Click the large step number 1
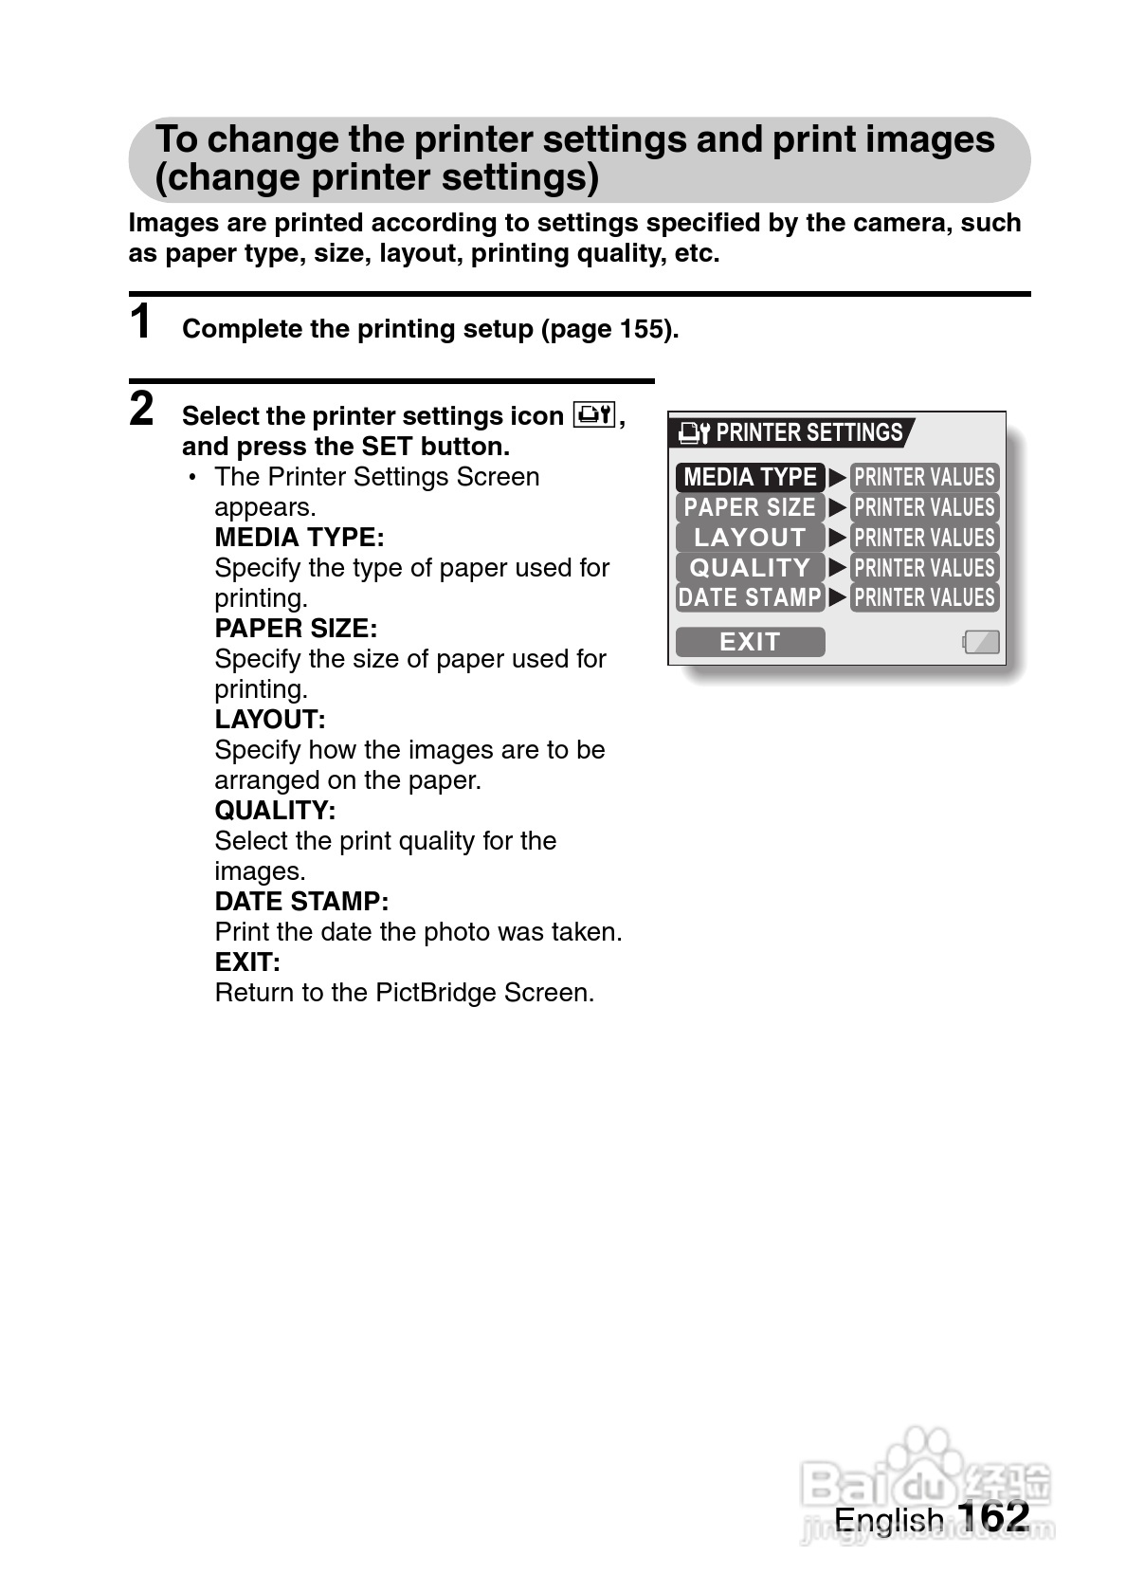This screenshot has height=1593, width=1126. (140, 321)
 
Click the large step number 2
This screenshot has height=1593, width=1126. (141, 409)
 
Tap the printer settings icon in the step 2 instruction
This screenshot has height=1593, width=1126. (594, 415)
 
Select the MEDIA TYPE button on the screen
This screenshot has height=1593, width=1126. (750, 477)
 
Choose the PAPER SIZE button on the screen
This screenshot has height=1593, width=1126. (750, 507)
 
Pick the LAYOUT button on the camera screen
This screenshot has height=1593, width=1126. (750, 538)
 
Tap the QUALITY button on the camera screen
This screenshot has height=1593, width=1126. (750, 568)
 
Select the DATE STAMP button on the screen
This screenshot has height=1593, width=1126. (750, 597)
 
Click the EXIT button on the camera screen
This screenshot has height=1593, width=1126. (750, 642)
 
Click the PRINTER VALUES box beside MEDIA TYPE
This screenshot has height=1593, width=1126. (924, 477)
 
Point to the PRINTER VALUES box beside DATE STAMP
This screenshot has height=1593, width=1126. (924, 597)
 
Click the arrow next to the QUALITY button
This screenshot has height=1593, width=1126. (837, 568)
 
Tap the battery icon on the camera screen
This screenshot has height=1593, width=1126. (981, 642)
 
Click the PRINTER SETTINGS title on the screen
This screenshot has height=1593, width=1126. (808, 433)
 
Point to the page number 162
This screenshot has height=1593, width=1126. (993, 1517)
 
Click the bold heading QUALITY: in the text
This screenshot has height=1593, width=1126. (275, 811)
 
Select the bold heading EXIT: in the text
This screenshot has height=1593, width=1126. (247, 962)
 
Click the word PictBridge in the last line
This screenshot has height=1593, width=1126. (436, 993)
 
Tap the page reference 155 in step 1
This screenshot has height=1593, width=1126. (642, 329)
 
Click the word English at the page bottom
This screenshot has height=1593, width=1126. (888, 1520)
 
